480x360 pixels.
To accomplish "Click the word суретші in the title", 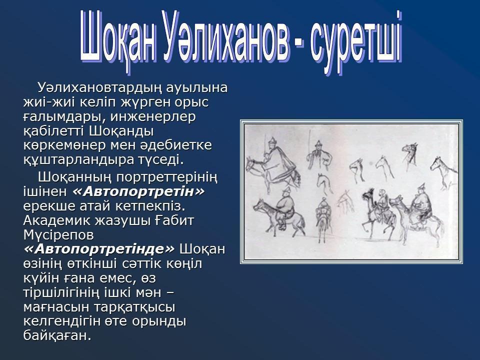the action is pos(356,42).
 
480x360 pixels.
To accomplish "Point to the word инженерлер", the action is pos(153,117).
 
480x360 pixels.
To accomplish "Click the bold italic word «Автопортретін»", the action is pos(138,192).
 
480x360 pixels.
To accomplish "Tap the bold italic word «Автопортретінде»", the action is pos(99,249).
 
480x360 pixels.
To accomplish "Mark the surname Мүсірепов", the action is pos(58,235).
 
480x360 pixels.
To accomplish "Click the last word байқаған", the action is pos(57,336).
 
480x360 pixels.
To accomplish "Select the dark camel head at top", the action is pos(410,154).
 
